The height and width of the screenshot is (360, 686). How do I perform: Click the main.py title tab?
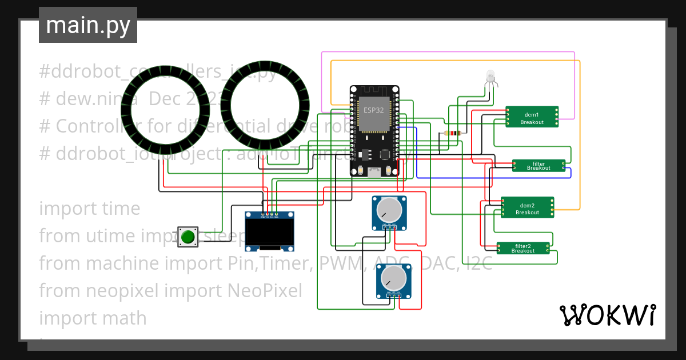[87, 25]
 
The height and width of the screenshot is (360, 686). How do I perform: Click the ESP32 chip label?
[374, 110]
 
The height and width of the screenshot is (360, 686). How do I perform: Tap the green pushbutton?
[188, 237]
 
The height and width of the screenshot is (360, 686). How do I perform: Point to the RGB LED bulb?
[490, 76]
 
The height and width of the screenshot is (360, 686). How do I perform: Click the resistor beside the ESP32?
[453, 134]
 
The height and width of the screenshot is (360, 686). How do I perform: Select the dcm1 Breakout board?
[532, 117]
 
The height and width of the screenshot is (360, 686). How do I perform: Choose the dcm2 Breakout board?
[527, 208]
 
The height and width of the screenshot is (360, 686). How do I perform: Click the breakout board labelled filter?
[539, 166]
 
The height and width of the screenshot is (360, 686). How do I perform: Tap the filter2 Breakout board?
[523, 249]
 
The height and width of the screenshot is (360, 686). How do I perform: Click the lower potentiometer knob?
[394, 278]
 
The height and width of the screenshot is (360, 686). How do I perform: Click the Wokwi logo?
[607, 315]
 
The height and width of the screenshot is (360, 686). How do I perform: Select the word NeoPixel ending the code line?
[265, 290]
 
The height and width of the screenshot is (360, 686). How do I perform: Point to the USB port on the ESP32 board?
[374, 173]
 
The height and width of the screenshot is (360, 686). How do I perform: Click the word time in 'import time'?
[122, 209]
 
